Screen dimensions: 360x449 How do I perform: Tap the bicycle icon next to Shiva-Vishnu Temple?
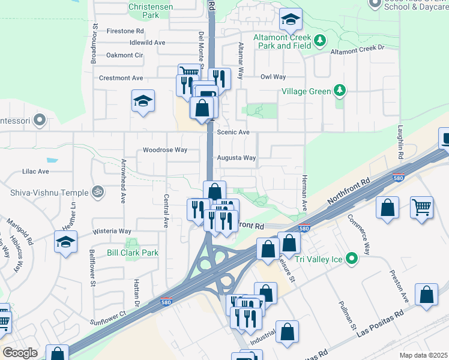click(98, 192)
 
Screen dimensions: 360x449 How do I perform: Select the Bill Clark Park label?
click(133, 253)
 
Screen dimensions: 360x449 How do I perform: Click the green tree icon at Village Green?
click(340, 91)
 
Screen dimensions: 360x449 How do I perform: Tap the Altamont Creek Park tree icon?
click(321, 40)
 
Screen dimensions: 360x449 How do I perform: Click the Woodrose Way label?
click(164, 150)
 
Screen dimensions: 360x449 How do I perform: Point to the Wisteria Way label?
click(112, 231)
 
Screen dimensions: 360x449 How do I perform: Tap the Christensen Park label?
click(152, 11)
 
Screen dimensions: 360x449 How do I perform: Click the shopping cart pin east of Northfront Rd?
click(422, 208)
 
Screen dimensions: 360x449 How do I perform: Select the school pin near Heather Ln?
click(66, 242)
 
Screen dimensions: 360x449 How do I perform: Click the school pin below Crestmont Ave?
click(143, 100)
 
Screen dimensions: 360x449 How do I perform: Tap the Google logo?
click(20, 353)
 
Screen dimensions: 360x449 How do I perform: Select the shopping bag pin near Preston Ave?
click(426, 295)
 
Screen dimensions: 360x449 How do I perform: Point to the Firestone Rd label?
click(125, 30)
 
